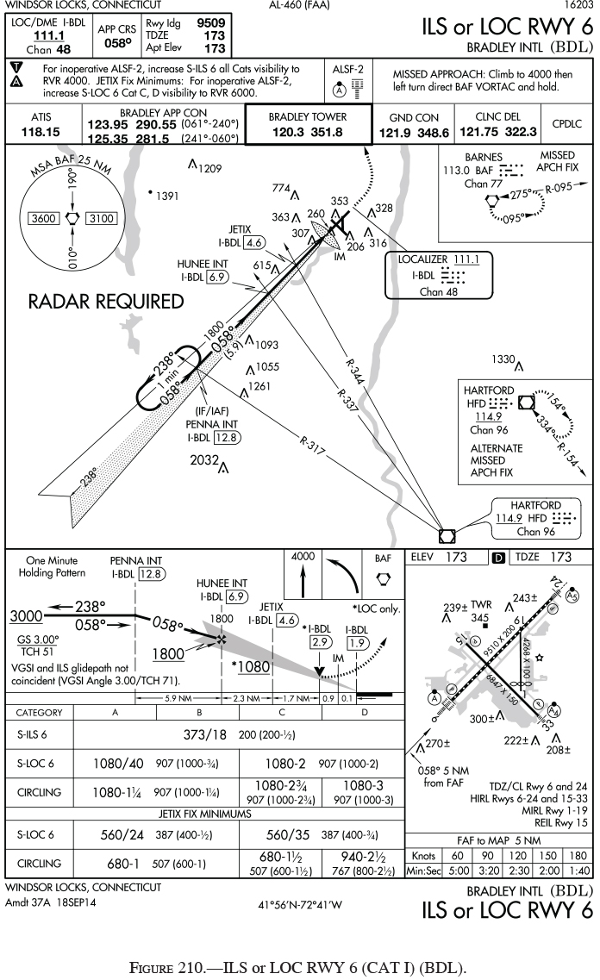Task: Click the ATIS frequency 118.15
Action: click(x=41, y=132)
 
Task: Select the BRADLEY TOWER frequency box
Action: click(x=308, y=124)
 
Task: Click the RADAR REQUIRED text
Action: click(x=106, y=302)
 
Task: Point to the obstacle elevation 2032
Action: click(x=204, y=460)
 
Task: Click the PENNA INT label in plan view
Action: click(x=211, y=424)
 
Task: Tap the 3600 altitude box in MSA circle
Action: click(x=42, y=218)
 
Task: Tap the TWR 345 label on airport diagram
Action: click(x=480, y=611)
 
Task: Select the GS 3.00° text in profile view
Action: click(x=38, y=640)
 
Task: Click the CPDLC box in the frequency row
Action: click(x=566, y=124)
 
